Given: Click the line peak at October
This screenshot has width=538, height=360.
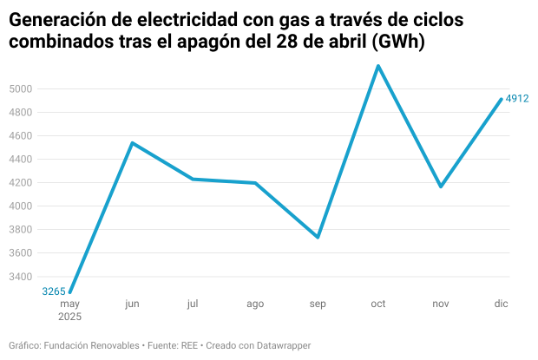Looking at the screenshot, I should [378, 66].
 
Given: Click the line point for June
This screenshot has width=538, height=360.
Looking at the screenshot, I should [132, 142].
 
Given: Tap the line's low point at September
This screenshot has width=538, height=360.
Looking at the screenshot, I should [318, 237].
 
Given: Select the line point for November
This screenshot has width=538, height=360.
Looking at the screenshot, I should [441, 187].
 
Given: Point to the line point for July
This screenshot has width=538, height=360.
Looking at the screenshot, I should [193, 179].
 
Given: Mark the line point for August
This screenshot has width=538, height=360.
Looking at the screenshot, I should [255, 183].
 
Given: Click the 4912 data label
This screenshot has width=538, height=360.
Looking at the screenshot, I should [517, 99].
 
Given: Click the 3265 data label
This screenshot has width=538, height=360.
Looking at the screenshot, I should [54, 291].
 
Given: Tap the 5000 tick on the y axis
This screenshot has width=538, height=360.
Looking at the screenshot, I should [21, 89].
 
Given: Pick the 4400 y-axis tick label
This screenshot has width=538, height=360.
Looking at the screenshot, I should [21, 160].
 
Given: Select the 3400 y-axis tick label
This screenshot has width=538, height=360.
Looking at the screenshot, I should [21, 277].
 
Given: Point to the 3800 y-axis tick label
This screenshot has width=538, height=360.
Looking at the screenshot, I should [21, 230].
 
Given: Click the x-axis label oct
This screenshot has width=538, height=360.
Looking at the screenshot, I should [378, 304].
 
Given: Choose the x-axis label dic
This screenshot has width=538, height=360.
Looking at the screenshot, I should [502, 304].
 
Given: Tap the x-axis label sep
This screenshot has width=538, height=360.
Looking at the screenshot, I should [318, 304].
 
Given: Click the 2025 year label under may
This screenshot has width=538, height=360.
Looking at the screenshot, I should [70, 317].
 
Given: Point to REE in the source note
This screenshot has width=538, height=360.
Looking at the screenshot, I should [190, 345].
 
